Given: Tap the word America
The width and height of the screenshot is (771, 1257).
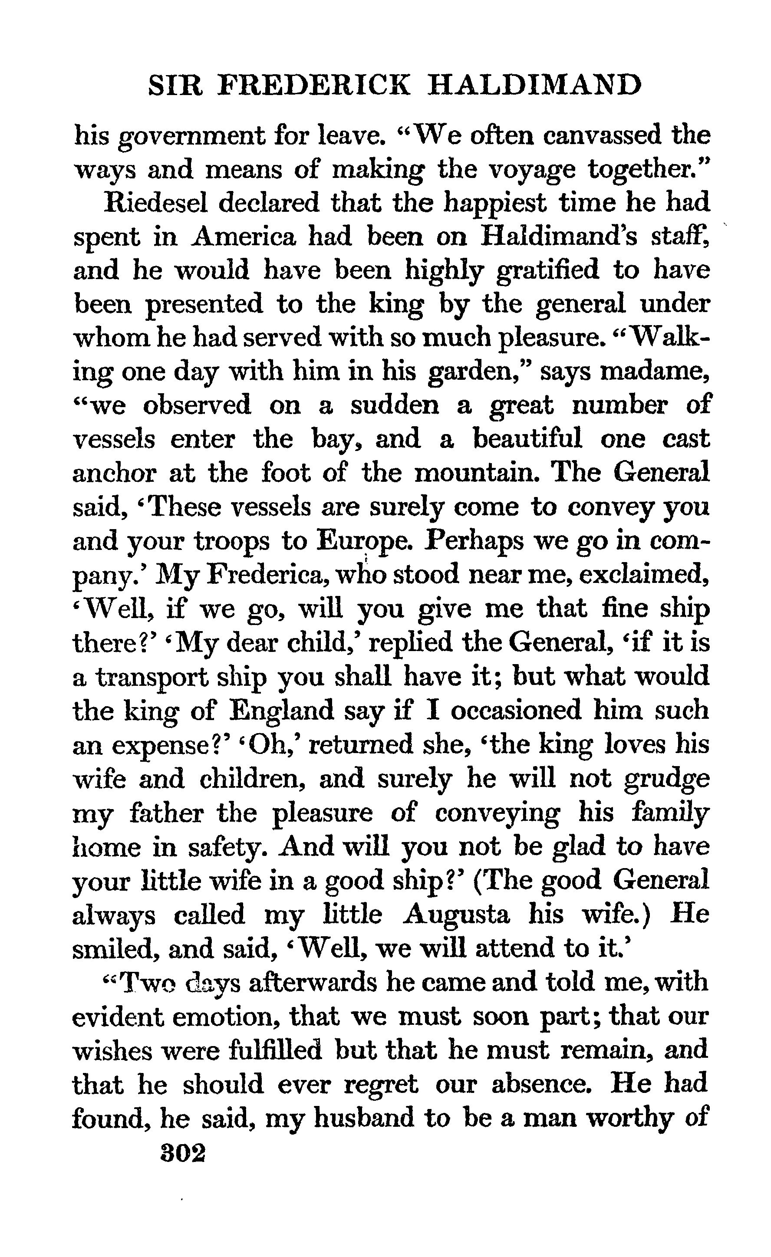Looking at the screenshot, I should [245, 236].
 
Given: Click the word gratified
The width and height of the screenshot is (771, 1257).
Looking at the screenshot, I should [547, 270].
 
